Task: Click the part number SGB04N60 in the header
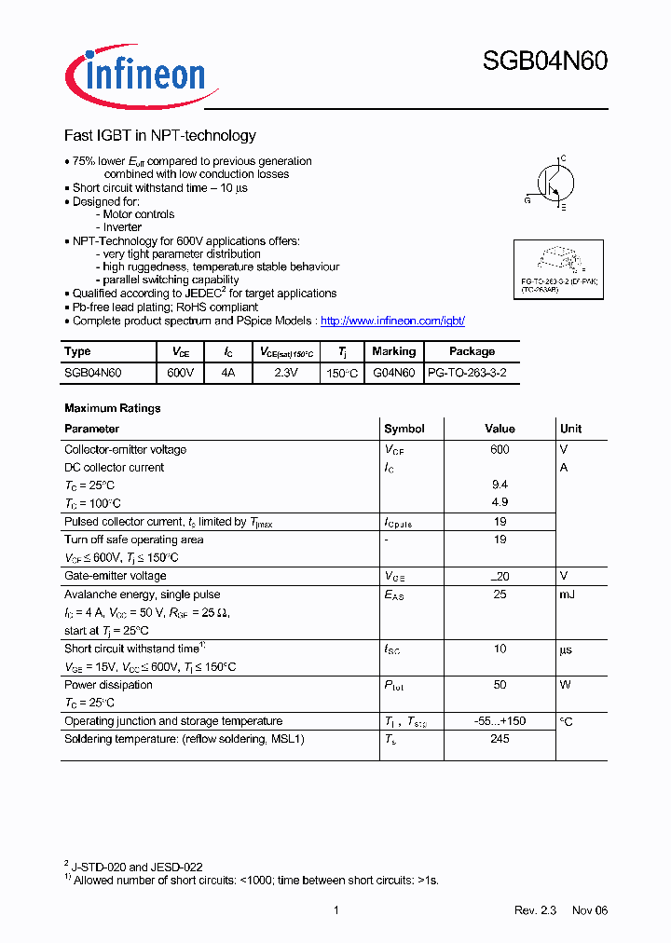point(544,61)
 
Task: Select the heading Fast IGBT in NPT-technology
point(159,136)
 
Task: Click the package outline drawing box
point(559,268)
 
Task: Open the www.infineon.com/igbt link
point(392,321)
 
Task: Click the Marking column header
point(393,351)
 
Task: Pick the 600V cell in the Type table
point(181,372)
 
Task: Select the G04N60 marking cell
point(393,372)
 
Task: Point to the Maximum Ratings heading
point(112,408)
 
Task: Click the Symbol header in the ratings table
point(404,429)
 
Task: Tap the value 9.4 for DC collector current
point(500,485)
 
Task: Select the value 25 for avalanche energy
point(500,594)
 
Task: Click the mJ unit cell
point(568,594)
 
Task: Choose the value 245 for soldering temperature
point(500,739)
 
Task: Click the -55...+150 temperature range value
point(500,721)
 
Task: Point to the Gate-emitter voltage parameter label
point(116,576)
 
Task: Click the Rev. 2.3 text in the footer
point(535,910)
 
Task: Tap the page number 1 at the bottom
point(335,910)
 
